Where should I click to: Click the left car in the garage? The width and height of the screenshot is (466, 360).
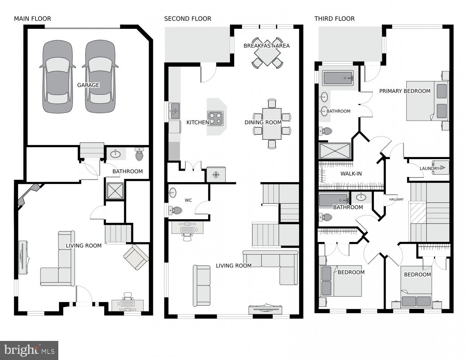[x=57, y=77]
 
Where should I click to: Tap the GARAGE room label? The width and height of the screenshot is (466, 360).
[x=88, y=85]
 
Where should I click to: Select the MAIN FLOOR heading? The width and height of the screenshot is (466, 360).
[x=32, y=19]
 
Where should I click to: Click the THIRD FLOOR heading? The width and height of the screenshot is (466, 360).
[x=334, y=19]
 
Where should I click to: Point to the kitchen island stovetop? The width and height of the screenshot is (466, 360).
[x=215, y=118]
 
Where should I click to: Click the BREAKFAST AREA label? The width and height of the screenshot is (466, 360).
[x=266, y=46]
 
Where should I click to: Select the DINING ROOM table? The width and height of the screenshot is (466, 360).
[x=272, y=123]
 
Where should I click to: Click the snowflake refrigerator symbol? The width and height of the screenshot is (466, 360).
[x=216, y=175]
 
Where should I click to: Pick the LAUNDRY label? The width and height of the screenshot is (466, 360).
[x=429, y=168]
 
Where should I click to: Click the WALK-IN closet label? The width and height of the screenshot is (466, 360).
[x=351, y=174]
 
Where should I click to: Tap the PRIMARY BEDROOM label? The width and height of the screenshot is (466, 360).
[x=404, y=91]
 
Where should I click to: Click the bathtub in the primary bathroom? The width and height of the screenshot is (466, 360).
[x=338, y=78]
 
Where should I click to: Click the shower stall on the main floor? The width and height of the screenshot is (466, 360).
[x=115, y=191]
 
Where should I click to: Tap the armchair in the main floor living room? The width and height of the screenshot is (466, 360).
[x=136, y=257]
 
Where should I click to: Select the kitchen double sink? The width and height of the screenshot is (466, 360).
[x=175, y=111]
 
